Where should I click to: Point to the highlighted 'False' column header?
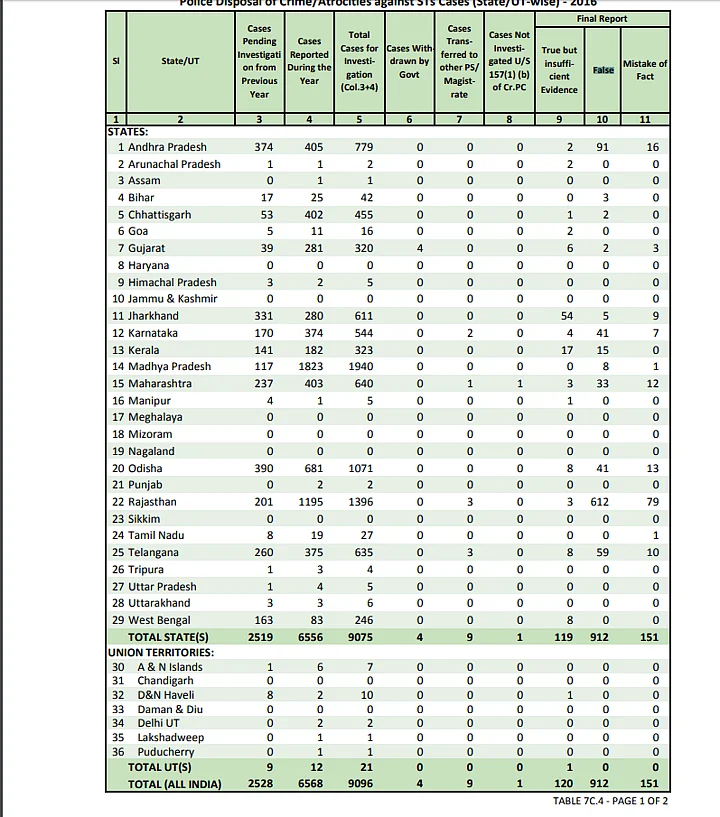(603, 70)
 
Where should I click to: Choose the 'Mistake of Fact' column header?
(645, 70)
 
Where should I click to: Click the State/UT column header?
(180, 61)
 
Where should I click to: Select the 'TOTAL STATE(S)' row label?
(168, 637)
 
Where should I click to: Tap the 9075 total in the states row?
(363, 637)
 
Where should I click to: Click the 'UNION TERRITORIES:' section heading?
(154, 652)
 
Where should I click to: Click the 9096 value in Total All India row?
(363, 785)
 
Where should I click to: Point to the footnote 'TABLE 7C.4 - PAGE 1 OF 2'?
(610, 801)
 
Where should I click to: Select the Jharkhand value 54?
(566, 316)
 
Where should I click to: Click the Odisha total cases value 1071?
(361, 468)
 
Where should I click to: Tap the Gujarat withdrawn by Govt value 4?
(420, 248)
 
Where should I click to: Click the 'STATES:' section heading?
(128, 131)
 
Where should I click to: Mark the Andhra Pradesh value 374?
(263, 147)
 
